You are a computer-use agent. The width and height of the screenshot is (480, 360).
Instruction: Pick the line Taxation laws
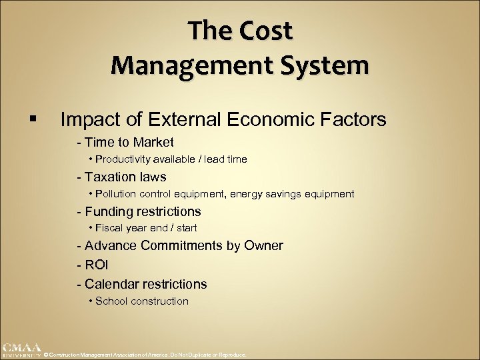[121, 177]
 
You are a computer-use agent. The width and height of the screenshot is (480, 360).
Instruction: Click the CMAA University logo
[21, 351]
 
